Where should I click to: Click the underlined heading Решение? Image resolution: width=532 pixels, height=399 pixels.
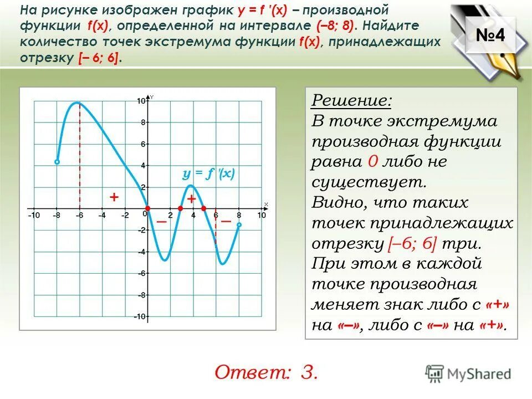click(351, 101)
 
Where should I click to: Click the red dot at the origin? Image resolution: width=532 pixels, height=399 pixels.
click(147, 208)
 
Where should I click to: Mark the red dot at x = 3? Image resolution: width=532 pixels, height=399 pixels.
click(180, 208)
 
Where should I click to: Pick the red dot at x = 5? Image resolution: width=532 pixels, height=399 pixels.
click(203, 208)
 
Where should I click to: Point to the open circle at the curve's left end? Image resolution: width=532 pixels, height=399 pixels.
click(57, 162)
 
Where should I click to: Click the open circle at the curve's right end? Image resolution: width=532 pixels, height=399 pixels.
click(239, 225)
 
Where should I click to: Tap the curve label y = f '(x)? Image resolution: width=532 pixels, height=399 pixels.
click(209, 174)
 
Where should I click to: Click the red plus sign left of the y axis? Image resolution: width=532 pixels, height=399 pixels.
click(114, 197)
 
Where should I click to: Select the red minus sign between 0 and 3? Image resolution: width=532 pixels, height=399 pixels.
click(161, 221)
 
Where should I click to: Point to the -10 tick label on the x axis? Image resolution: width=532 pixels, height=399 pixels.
click(34, 215)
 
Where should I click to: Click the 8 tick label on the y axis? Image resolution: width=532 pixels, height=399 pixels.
click(142, 122)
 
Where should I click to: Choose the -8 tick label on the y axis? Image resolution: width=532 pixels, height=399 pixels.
click(141, 295)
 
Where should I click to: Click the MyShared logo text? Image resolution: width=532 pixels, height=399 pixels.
click(479, 373)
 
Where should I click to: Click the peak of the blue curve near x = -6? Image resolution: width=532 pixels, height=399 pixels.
click(79, 103)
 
